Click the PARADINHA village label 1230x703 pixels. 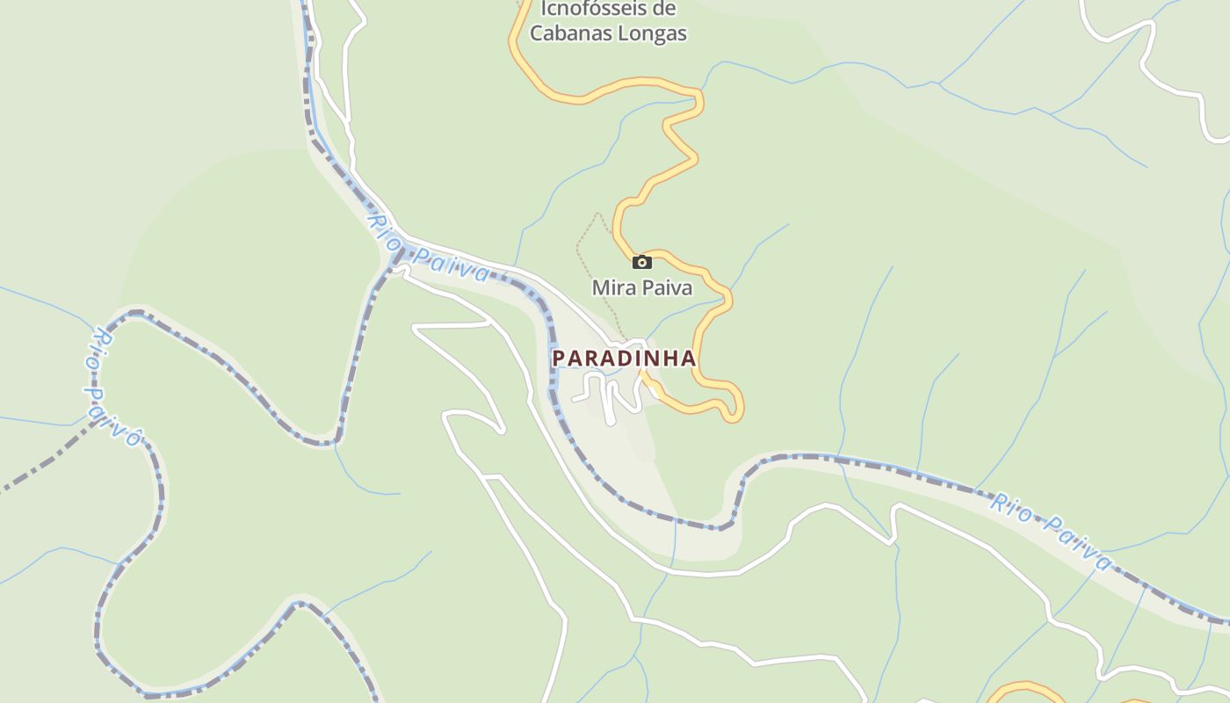(x=624, y=359)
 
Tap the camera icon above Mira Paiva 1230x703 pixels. (x=642, y=262)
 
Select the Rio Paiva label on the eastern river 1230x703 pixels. (x=1051, y=530)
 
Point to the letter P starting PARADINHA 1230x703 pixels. (x=558, y=359)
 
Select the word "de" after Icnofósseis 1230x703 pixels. (x=665, y=9)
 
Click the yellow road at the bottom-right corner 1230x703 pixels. (x=1024, y=686)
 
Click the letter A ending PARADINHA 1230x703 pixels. (x=689, y=359)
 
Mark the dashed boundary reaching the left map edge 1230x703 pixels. (x=26, y=475)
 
